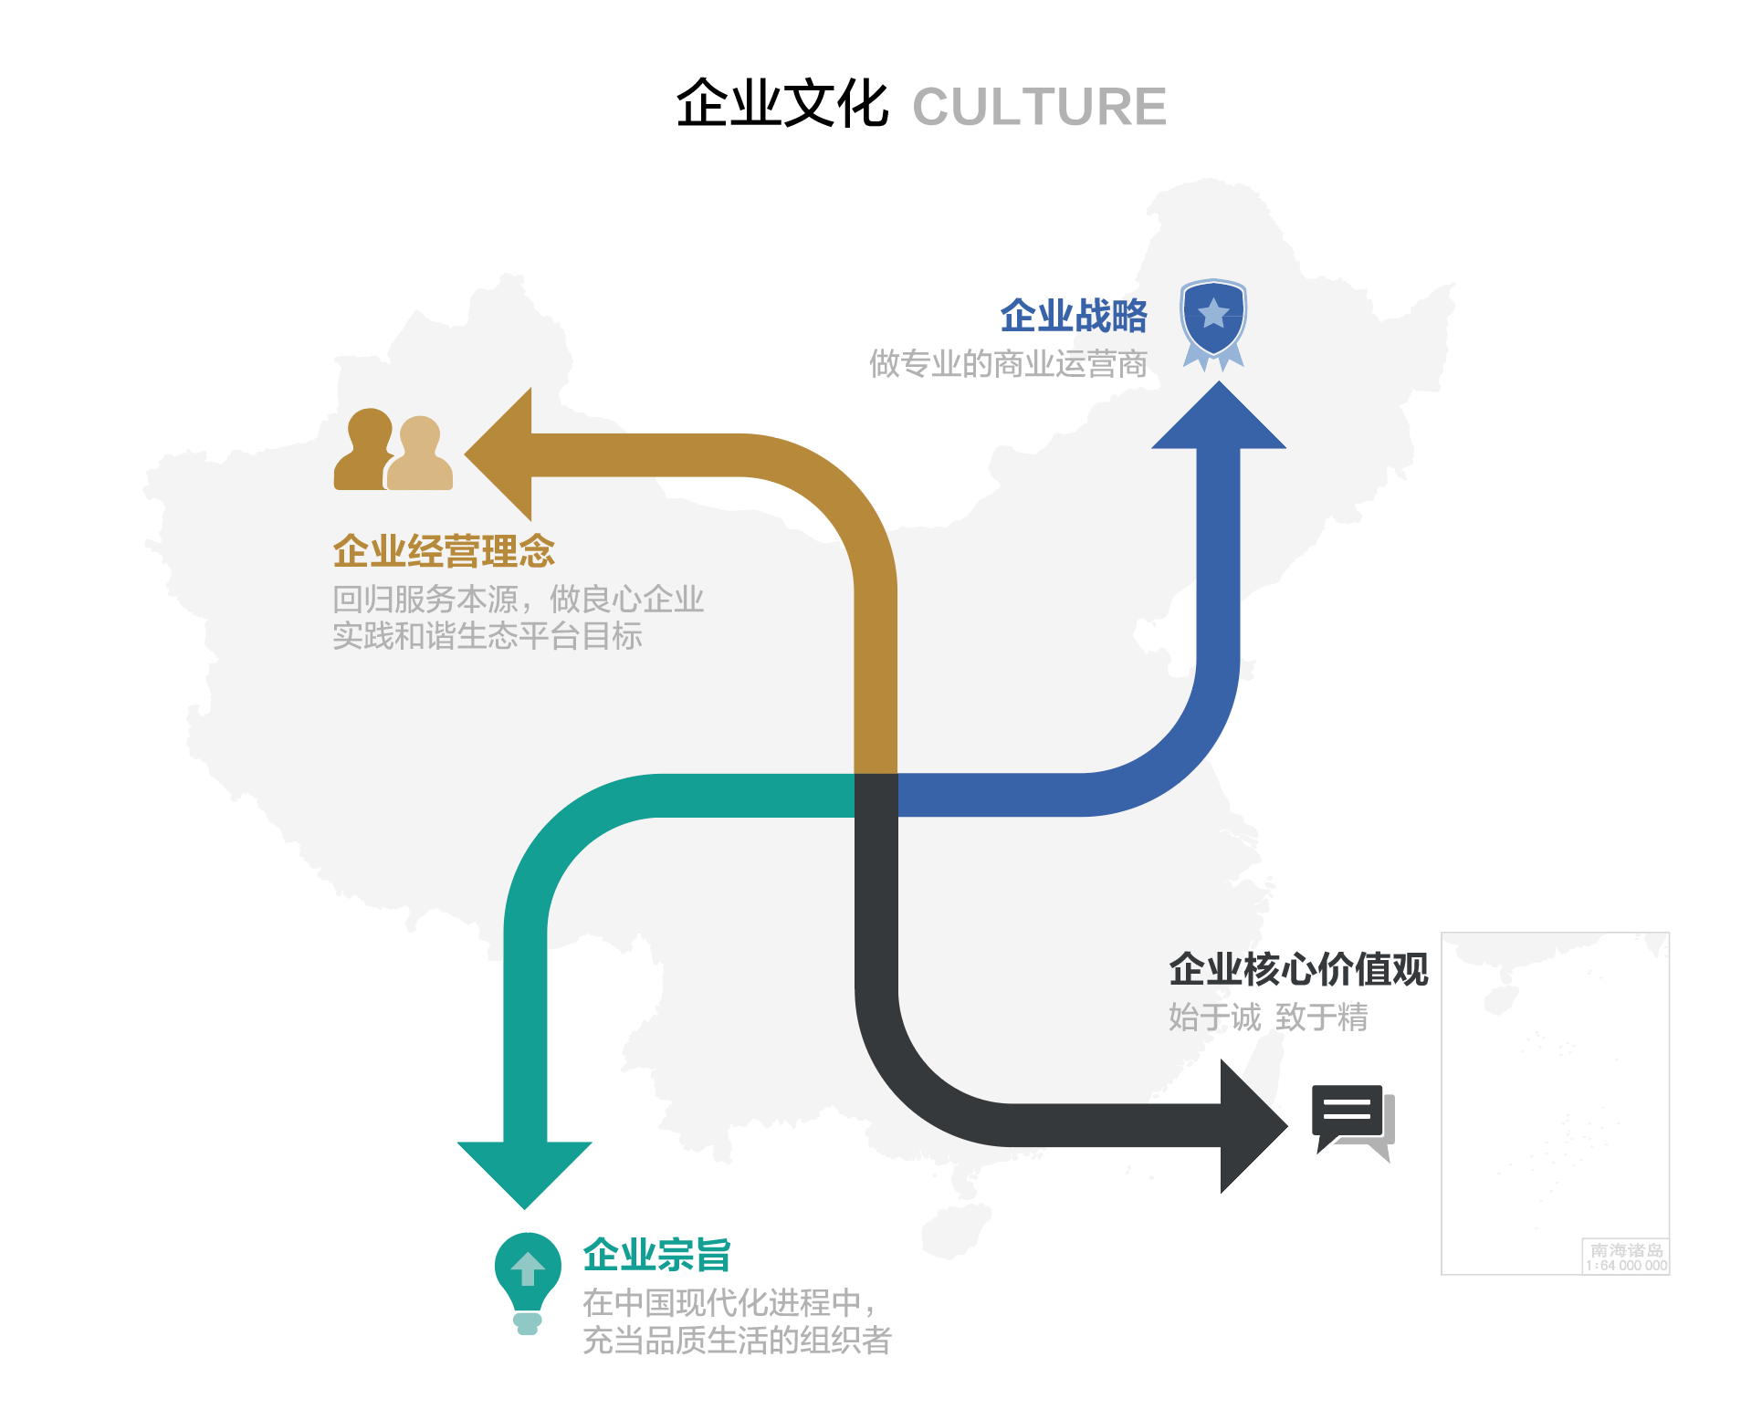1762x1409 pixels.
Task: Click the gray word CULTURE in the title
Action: coord(1039,107)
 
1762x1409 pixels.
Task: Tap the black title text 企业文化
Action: coord(781,104)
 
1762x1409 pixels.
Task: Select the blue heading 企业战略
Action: coord(1073,316)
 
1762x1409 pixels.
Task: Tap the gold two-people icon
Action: coord(393,451)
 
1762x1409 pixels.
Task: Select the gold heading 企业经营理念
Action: coord(444,551)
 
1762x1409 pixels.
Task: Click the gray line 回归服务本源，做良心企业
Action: coord(518,600)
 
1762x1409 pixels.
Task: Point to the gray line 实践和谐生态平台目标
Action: coord(487,636)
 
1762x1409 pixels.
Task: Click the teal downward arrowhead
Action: coord(525,1172)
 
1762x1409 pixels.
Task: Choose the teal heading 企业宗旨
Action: coord(656,1255)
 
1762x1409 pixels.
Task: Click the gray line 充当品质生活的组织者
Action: coord(736,1341)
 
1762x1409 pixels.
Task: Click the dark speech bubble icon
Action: coord(1351,1120)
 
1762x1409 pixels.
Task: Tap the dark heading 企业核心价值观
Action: coord(1298,969)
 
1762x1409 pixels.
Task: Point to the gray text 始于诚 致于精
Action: coord(1268,1017)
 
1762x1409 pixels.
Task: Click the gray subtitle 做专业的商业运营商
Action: coord(1008,364)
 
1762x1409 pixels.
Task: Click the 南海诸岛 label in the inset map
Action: coord(1626,1250)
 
